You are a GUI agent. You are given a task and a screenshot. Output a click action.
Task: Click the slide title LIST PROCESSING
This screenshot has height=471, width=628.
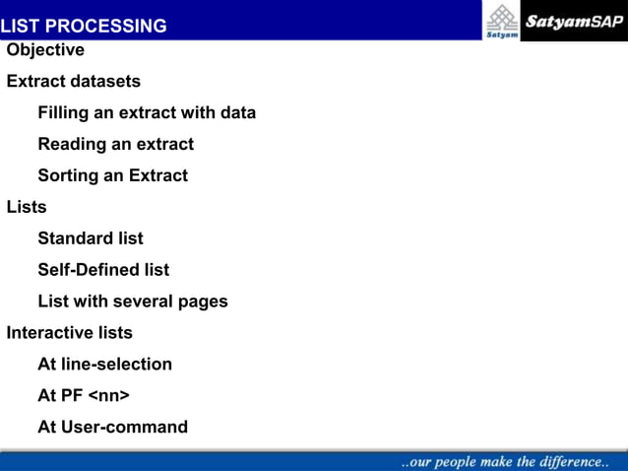pos(84,26)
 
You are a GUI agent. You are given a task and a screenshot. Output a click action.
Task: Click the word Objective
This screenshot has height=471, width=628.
pos(45,50)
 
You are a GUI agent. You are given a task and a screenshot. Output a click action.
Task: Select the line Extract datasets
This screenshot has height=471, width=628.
pos(74,82)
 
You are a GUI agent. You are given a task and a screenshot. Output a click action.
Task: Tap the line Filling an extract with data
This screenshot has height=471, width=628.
pos(147,113)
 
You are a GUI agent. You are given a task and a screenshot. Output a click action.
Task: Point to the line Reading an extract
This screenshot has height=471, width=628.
pos(115,145)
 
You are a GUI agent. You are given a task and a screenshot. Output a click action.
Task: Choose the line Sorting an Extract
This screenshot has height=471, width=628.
pos(112,176)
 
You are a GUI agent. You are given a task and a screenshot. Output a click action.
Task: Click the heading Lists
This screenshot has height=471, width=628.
pos(27,208)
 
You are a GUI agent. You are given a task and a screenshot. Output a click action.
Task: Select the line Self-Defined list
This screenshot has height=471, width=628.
pos(103,270)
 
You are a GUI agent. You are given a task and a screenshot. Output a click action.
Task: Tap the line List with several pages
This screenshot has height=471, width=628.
pos(133,302)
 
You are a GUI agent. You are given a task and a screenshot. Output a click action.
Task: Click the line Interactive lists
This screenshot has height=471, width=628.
pos(70,333)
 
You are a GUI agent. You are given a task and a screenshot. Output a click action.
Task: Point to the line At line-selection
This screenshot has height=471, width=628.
pos(104,365)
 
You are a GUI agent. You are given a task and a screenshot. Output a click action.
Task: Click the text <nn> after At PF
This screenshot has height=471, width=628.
pos(109,396)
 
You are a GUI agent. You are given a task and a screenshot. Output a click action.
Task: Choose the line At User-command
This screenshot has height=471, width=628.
pos(112,428)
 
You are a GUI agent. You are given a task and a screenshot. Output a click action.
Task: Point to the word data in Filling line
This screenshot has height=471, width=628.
pos(237,113)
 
